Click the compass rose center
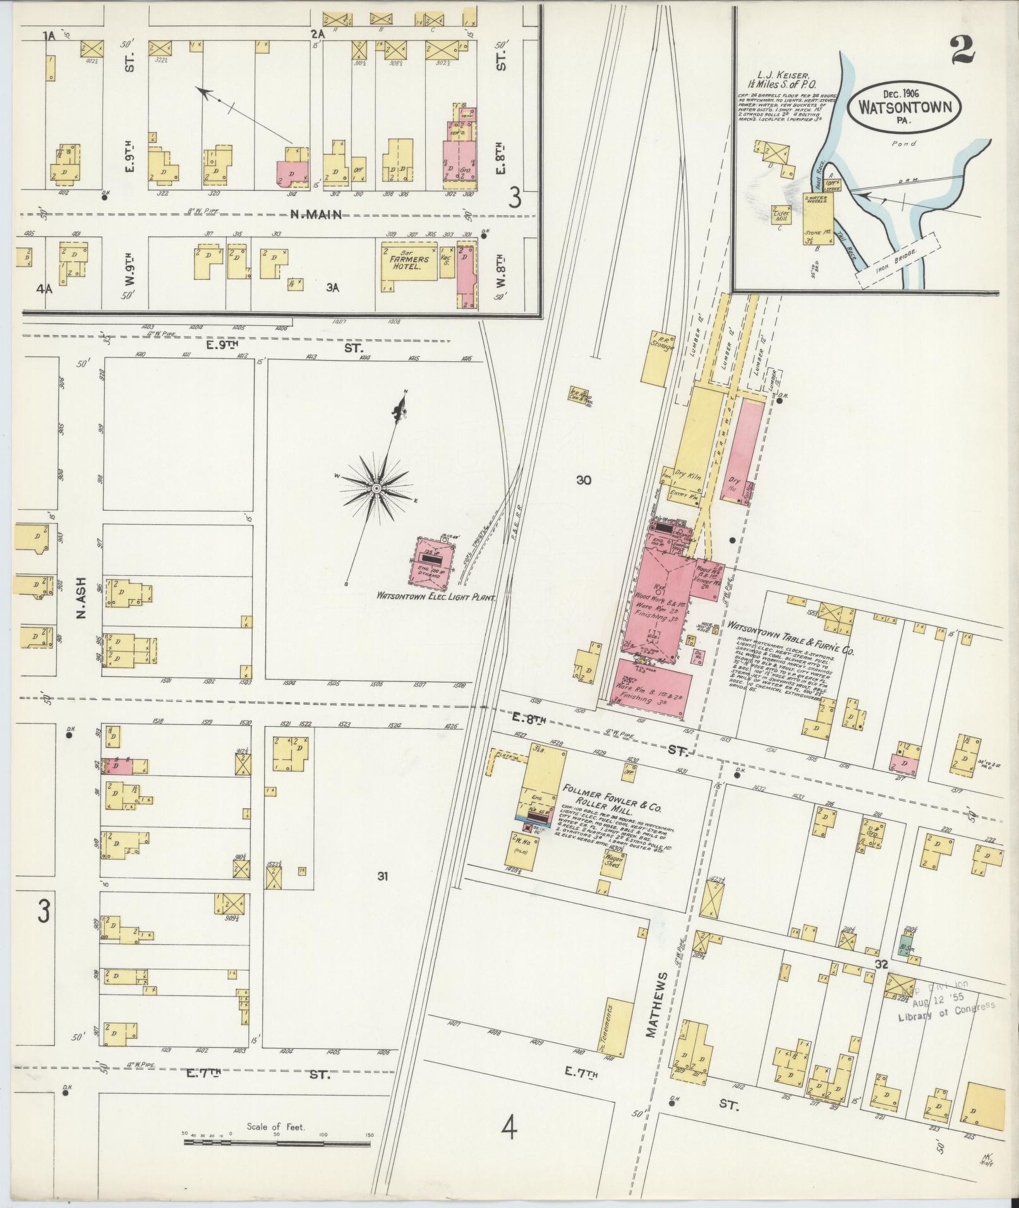[x=377, y=488]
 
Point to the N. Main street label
[x=315, y=215]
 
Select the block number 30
[x=583, y=480]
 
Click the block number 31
[x=382, y=875]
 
